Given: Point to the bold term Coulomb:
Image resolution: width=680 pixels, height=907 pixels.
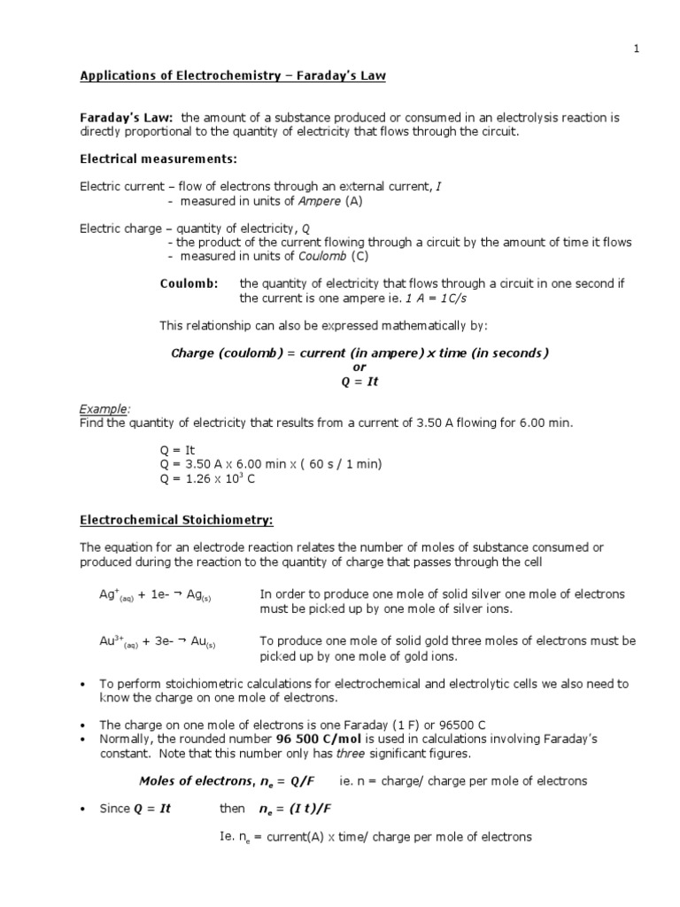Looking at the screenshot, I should (x=189, y=283).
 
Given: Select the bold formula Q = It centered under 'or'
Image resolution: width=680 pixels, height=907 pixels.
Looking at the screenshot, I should (x=359, y=382).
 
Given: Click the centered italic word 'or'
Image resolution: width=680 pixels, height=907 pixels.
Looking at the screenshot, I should (x=359, y=368).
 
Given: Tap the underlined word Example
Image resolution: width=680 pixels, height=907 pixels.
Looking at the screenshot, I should (x=104, y=408).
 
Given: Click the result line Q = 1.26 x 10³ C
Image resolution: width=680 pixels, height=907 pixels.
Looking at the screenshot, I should (x=208, y=480).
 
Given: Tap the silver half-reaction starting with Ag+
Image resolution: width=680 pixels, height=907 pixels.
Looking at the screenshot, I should (x=156, y=595).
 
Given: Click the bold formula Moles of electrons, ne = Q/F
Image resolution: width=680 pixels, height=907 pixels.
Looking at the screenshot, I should (x=234, y=781).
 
